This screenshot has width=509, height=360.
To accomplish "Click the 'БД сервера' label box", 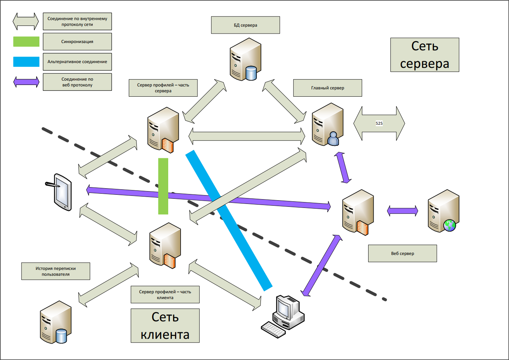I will [245, 25].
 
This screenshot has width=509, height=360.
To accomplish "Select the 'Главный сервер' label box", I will [327, 88].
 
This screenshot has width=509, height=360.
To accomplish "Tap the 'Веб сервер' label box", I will [402, 253].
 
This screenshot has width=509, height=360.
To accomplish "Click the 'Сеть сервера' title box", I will [424, 55].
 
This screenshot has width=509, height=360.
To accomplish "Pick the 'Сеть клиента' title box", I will [165, 326].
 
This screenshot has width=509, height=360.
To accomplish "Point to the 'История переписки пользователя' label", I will [55, 271].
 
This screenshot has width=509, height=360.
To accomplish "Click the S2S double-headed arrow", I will [379, 123].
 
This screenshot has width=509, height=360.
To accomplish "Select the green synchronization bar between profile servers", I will [163, 186].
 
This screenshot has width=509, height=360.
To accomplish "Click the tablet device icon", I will [61, 192].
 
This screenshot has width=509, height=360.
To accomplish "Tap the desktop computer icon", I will [284, 316].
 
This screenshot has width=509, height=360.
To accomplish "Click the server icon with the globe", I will [443, 211].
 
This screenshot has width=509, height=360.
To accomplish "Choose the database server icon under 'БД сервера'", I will [245, 59].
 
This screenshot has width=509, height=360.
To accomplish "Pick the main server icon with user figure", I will [328, 124].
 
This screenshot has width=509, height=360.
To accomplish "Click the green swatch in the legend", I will [26, 42].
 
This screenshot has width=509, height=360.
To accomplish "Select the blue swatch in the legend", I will [26, 62].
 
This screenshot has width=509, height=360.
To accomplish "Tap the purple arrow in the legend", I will [26, 82].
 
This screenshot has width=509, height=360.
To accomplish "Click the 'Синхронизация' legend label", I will [77, 42].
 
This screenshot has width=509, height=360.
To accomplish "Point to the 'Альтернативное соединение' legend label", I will [77, 62].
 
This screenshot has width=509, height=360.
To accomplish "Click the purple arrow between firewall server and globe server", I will [402, 211].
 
